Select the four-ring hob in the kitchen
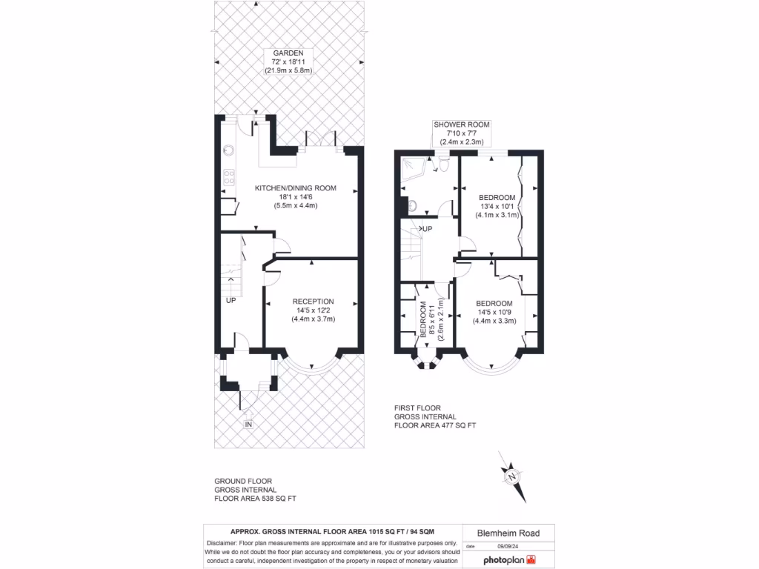point(229,177)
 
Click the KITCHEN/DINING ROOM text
point(295,188)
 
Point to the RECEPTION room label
point(313,302)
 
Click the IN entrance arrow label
point(249,425)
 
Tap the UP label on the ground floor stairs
point(231,301)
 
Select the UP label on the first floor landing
point(426,229)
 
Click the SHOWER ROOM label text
point(462,124)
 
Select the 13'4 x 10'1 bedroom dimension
point(496,206)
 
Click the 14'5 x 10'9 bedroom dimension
point(494,313)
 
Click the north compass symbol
point(512,477)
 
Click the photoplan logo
point(509,560)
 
